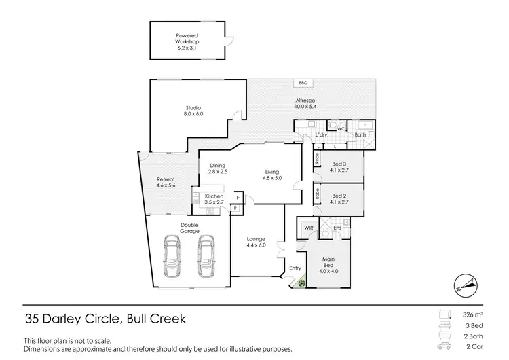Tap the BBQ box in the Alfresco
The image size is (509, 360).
[303, 83]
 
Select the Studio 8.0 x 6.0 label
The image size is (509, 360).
[193, 111]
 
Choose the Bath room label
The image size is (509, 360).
[360, 134]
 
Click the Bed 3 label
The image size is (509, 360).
[339, 167]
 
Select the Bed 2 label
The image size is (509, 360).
[339, 198]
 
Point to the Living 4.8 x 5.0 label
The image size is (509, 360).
[271, 175]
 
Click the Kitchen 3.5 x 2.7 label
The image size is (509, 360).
[214, 200]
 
